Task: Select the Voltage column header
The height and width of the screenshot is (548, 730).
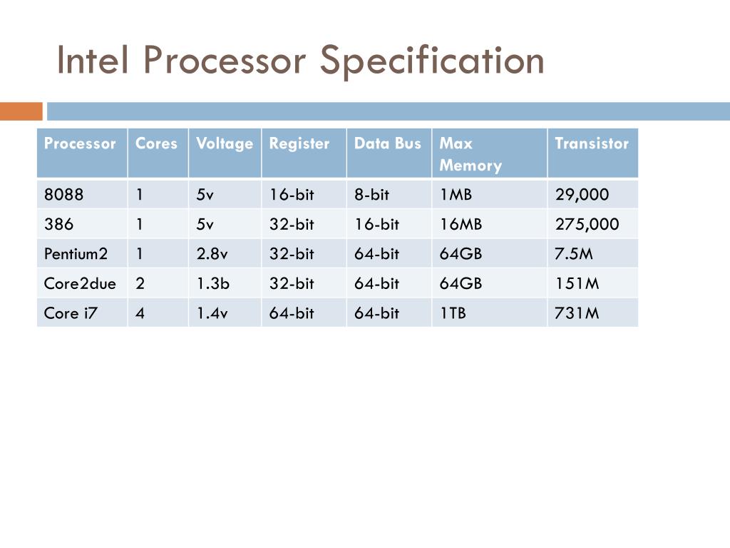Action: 225,143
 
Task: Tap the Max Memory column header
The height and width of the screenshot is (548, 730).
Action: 470,154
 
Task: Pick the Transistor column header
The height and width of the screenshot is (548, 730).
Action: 592,143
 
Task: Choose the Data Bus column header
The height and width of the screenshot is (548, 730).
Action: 388,143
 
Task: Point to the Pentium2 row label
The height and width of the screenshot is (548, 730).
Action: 76,253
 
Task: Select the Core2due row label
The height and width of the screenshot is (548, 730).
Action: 80,283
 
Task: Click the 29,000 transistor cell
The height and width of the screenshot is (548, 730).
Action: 582,194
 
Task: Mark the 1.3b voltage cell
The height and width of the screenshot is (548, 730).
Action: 213,283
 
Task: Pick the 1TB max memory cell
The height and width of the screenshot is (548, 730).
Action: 453,313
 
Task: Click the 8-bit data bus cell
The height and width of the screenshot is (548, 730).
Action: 372,194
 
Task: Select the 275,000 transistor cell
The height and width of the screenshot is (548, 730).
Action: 587,224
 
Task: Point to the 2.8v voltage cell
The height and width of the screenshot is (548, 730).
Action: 212,253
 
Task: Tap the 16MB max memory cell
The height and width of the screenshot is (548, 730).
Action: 461,224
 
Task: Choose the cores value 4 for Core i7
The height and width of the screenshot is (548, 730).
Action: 140,313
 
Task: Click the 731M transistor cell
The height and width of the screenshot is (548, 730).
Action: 577,313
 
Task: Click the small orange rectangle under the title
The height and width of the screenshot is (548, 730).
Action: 21,111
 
